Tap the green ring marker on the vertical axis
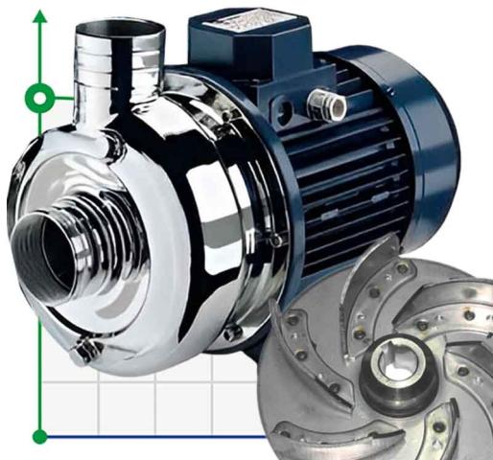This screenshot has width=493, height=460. [39, 96]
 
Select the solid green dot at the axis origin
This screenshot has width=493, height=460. [39, 437]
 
